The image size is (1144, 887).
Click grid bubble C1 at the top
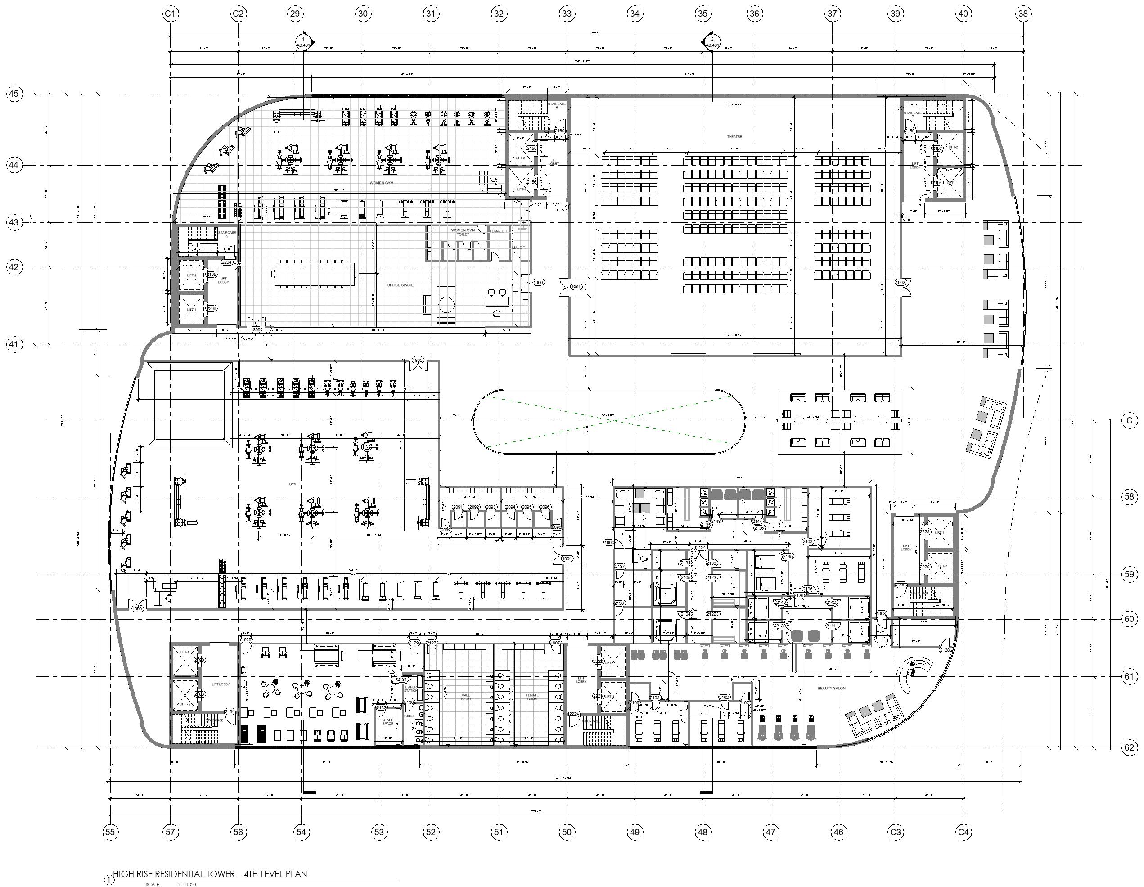point(171,14)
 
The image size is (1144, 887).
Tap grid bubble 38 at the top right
point(1023,14)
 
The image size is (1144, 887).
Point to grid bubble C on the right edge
point(1129,421)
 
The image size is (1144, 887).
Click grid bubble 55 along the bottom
point(110,832)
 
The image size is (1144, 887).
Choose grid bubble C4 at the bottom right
point(963,832)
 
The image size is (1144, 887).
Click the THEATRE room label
point(734,137)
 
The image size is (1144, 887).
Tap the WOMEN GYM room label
point(381,183)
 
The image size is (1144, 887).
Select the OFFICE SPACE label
point(400,285)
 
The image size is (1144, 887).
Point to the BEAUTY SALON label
point(832,689)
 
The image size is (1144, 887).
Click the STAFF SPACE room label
point(387,722)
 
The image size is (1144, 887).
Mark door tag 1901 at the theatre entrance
point(576,287)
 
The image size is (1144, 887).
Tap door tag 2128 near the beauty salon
point(945,650)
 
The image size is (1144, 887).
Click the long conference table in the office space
point(313,274)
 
